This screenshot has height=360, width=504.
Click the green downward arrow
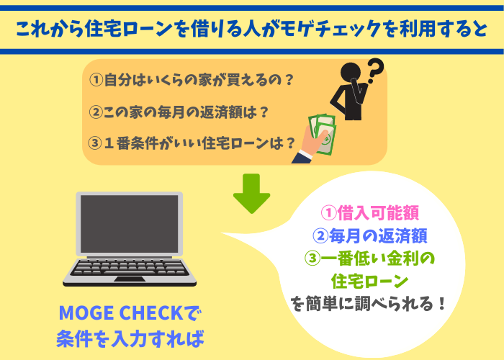251,193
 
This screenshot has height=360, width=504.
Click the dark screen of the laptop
129,224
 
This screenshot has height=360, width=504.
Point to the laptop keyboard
129,267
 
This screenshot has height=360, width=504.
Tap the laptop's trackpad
130,279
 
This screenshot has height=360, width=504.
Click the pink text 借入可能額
378,213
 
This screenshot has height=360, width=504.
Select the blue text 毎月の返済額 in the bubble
378,235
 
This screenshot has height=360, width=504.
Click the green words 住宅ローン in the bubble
369,281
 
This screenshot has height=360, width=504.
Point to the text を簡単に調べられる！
369,303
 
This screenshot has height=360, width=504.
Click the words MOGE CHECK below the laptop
121,312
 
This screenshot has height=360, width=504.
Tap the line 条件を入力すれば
130,338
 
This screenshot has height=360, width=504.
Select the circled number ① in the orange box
96,80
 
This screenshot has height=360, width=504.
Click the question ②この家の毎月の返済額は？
179,112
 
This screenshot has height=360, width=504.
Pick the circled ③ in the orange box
95,143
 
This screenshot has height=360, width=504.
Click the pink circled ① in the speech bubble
328,213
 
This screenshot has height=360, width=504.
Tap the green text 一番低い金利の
378,258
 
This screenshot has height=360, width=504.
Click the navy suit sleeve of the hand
302,158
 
